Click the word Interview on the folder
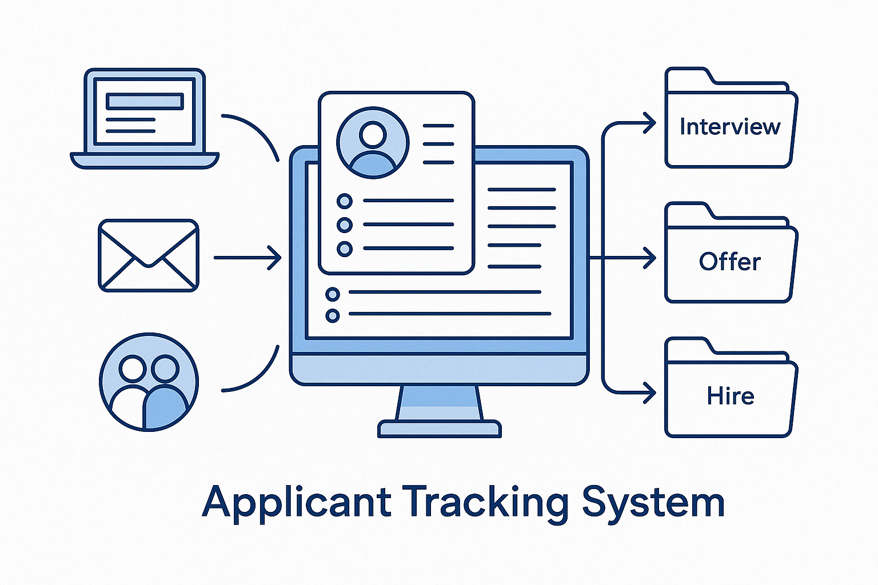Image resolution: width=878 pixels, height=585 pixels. (x=729, y=126)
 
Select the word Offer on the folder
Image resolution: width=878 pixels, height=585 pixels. (x=729, y=262)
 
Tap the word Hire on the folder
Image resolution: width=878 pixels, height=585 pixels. (x=730, y=396)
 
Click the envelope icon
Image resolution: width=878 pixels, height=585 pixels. (x=149, y=255)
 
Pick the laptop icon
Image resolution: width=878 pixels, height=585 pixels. (x=145, y=118)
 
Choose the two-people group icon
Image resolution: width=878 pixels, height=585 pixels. (x=149, y=382)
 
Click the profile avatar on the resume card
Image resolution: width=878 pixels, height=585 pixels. (x=373, y=143)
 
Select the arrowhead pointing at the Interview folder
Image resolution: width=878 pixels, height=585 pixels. (x=649, y=122)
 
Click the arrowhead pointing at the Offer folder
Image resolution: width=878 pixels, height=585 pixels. (x=649, y=258)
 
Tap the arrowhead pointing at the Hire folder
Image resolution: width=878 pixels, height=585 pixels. (x=649, y=393)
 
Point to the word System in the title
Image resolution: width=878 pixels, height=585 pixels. (x=653, y=502)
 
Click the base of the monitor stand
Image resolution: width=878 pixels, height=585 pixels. (x=439, y=428)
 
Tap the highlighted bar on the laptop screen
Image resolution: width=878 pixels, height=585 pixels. (x=144, y=101)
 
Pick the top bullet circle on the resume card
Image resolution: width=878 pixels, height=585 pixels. (x=345, y=201)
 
